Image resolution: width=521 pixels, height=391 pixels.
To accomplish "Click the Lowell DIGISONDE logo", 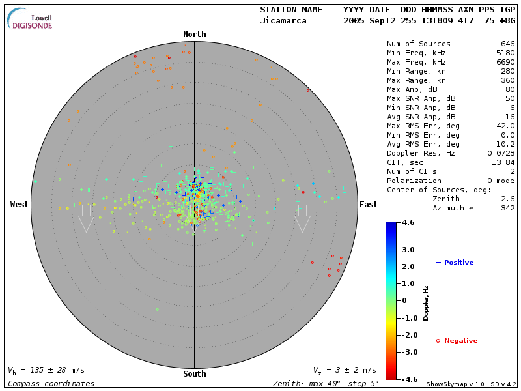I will pyautogui.click(x=31, y=18).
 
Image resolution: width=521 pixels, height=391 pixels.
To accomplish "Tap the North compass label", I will pyautogui.click(x=194, y=35).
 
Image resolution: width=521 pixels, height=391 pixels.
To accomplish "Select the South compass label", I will pyautogui.click(x=194, y=374).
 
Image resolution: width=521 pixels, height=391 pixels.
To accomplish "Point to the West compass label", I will pyautogui.click(x=20, y=205).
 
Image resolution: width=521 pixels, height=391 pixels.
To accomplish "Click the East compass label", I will pyautogui.click(x=368, y=205).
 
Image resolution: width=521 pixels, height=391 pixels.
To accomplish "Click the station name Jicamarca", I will pyautogui.click(x=283, y=21).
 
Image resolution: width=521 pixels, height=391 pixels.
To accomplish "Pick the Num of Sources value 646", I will pyautogui.click(x=507, y=44).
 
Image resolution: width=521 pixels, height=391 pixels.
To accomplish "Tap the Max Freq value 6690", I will pyautogui.click(x=505, y=63).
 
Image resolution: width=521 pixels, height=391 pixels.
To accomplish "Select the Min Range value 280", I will pyautogui.click(x=507, y=72).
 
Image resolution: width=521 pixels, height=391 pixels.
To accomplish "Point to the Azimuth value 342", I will pyautogui.click(x=507, y=208).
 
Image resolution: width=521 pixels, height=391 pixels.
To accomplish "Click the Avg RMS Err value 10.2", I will pyautogui.click(x=505, y=144).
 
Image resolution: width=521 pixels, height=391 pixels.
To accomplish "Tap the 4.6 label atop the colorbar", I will pyautogui.click(x=408, y=222).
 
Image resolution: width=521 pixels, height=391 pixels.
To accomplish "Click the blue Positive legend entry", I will pyautogui.click(x=455, y=263).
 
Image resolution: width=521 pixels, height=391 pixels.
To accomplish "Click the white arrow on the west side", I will pyautogui.click(x=86, y=218).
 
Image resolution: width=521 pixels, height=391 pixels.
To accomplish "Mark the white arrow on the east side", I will pyautogui.click(x=302, y=218).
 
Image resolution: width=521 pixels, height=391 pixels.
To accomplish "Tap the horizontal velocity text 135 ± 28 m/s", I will pyautogui.click(x=46, y=370).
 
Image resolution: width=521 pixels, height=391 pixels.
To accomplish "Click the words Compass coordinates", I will pyautogui.click(x=51, y=384).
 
